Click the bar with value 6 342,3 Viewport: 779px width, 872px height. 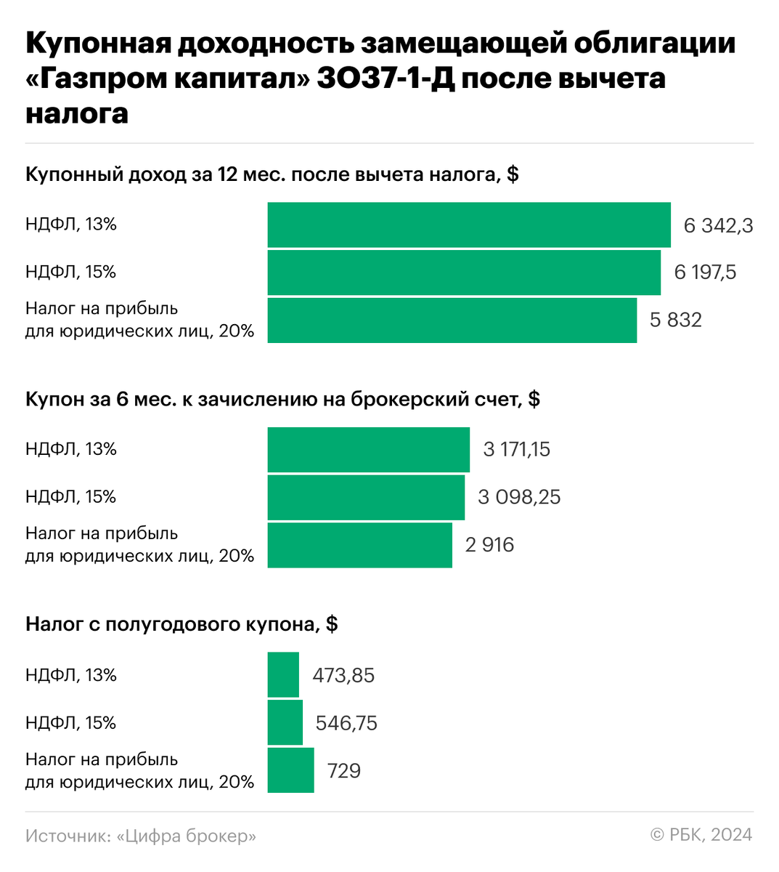pyautogui.click(x=469, y=225)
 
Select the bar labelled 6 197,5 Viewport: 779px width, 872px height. pyautogui.click(x=464, y=272)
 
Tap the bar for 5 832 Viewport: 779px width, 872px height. pyautogui.click(x=452, y=320)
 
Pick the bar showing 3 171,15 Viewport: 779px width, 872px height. pyautogui.click(x=368, y=450)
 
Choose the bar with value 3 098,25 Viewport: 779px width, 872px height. pyautogui.click(x=366, y=497)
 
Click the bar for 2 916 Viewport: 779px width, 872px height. pyautogui.click(x=359, y=545)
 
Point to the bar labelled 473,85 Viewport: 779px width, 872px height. pyautogui.click(x=283, y=675)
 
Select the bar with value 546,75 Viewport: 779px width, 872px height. pyautogui.click(x=285, y=722)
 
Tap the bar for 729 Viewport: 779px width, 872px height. pyautogui.click(x=290, y=770)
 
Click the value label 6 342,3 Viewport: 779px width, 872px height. pyautogui.click(x=718, y=226)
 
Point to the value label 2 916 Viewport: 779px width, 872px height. pyautogui.click(x=489, y=545)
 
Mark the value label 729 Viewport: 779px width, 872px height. pyautogui.click(x=344, y=770)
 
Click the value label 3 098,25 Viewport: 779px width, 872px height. pyautogui.click(x=519, y=497)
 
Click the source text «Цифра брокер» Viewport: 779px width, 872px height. pyautogui.click(x=187, y=836)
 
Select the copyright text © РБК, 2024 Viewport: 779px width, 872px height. pyautogui.click(x=701, y=835)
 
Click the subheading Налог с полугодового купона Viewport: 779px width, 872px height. pyautogui.click(x=182, y=624)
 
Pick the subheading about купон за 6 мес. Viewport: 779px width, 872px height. pyautogui.click(x=282, y=399)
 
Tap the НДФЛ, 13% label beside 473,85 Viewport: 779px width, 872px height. pyautogui.click(x=71, y=675)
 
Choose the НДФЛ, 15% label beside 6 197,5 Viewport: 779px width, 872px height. pyautogui.click(x=71, y=272)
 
